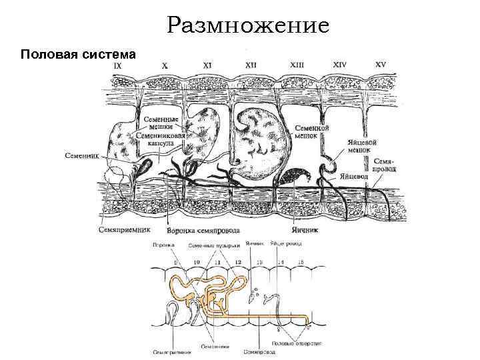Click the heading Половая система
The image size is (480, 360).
79,53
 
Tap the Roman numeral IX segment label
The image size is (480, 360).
117,67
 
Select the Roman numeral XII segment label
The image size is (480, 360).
251,66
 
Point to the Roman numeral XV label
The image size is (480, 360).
381,65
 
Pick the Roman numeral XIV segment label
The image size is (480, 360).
340,65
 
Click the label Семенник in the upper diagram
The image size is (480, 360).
81,156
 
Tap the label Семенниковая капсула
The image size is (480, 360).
163,138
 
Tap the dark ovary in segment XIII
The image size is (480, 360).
294,177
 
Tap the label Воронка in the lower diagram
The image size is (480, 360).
163,245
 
